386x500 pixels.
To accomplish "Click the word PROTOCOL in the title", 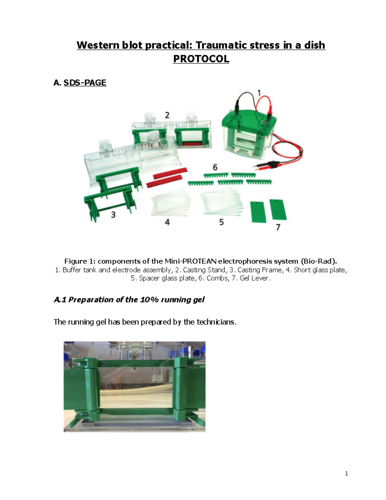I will pos(201,59).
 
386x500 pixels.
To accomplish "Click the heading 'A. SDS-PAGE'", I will pos(80,83).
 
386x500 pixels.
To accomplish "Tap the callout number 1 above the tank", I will pos(259,93).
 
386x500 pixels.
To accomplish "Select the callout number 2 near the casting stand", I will pos(167,115).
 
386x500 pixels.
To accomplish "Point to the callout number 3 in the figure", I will pos(113,215).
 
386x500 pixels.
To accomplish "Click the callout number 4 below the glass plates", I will pos(167,222).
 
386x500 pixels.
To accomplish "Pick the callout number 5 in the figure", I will pos(221,222).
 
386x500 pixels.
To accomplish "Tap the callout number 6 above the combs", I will pos(215,167).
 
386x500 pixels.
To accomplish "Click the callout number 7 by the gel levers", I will pos(278,227).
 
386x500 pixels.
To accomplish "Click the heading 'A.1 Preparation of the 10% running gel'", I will pos(129,300).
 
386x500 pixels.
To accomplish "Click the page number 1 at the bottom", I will pos(346,473).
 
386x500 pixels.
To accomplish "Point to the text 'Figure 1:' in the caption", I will pos(80,261).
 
